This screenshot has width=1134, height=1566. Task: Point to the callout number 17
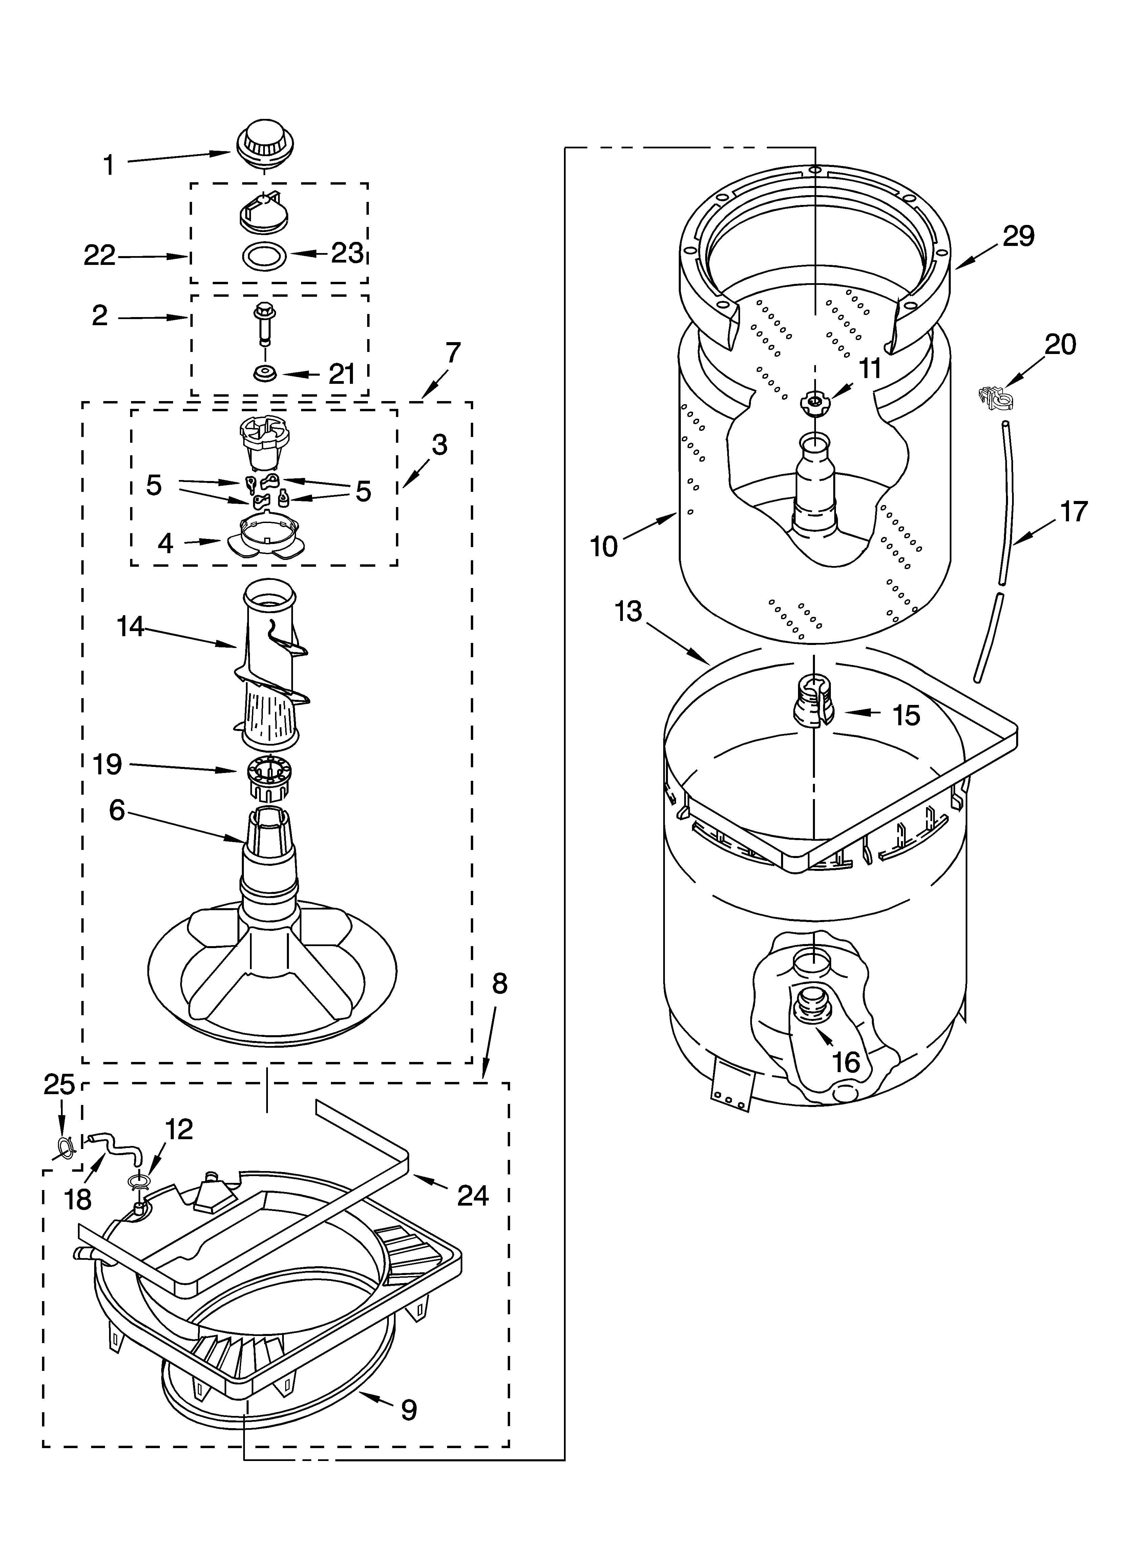coord(1073,511)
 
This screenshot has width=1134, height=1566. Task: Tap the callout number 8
coord(499,984)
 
